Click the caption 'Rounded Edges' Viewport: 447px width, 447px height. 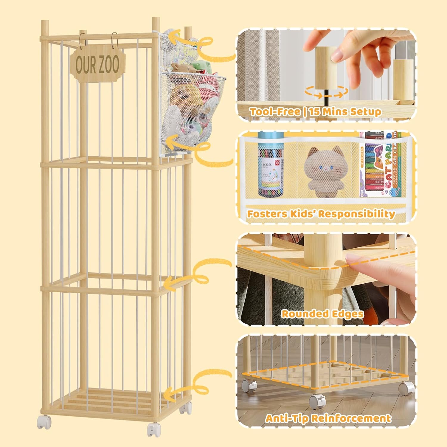322,314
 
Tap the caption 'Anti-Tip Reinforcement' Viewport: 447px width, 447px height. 328,418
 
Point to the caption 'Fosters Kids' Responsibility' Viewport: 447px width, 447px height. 321,214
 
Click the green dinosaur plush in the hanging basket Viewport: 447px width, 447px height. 201,67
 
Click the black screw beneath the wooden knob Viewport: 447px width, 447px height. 327,96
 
